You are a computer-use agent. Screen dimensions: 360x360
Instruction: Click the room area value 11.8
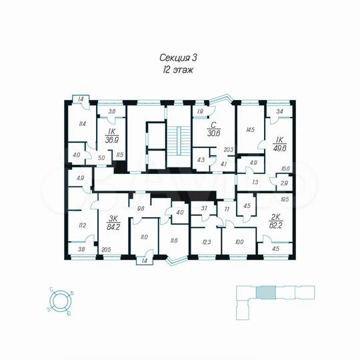[175, 241]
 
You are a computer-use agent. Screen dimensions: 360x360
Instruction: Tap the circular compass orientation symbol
[61, 299]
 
